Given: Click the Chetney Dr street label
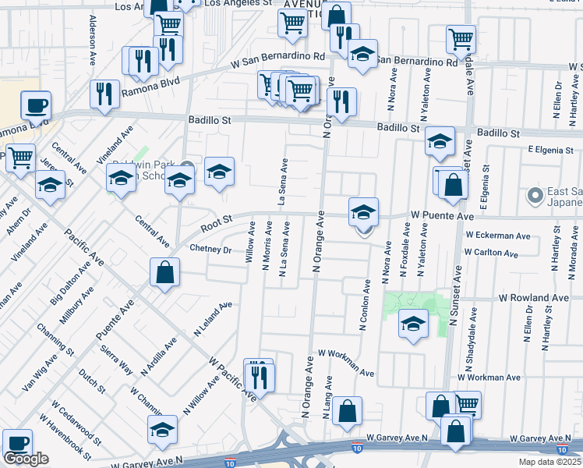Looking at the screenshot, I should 211,250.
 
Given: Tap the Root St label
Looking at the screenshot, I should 217,224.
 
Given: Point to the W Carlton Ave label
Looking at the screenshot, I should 491,253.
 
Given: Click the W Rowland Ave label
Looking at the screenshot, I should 534,298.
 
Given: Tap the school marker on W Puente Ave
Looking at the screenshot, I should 363,212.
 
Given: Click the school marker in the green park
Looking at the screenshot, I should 413,324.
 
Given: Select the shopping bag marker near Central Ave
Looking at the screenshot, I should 165,273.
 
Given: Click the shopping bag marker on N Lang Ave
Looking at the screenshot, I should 347,411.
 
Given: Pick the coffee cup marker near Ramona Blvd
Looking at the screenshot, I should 35,105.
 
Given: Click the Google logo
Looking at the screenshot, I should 26,459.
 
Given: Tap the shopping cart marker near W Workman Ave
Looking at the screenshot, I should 466,405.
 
